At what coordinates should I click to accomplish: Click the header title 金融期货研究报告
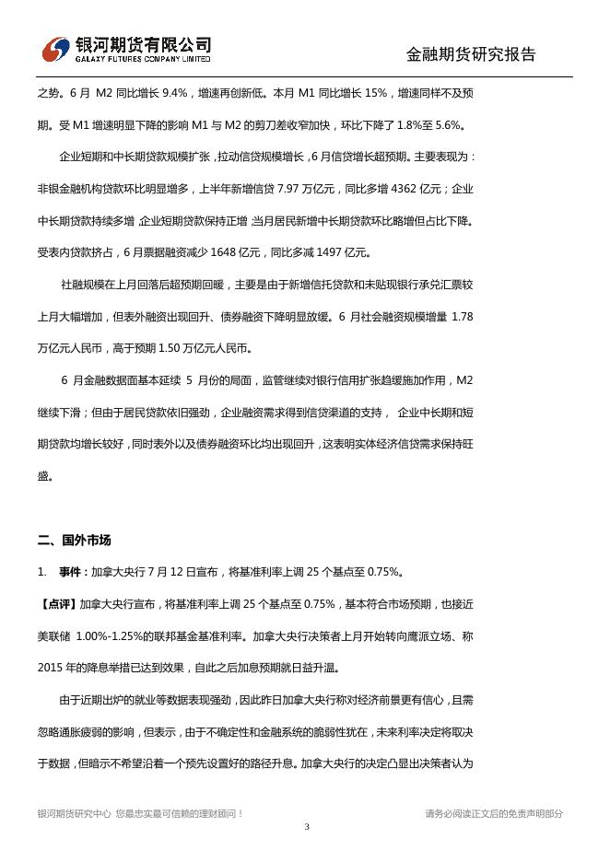(470, 54)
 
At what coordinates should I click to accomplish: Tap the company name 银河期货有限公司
(143, 44)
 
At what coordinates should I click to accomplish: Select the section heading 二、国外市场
(75, 540)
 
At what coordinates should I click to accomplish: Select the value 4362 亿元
(410, 189)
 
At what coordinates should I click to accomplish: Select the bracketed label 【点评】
(58, 604)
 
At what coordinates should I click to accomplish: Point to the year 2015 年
(56, 668)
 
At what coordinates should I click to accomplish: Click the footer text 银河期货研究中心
(75, 813)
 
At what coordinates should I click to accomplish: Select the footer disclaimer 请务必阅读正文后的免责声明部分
(494, 813)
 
